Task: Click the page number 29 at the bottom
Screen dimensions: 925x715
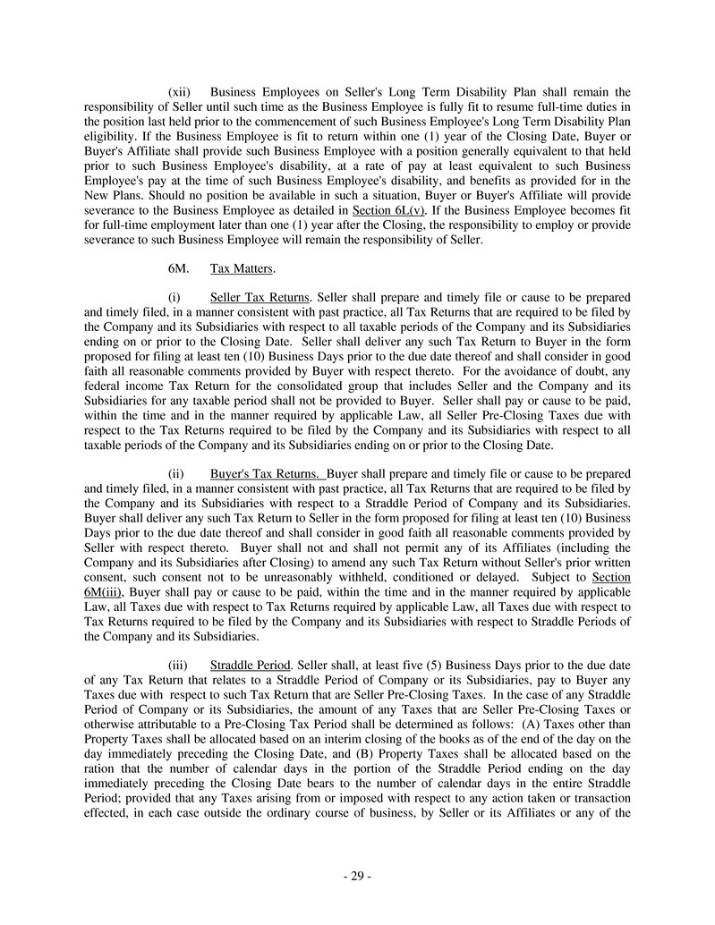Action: pyautogui.click(x=357, y=876)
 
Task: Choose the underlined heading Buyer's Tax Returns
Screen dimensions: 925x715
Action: pyautogui.click(x=266, y=474)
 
